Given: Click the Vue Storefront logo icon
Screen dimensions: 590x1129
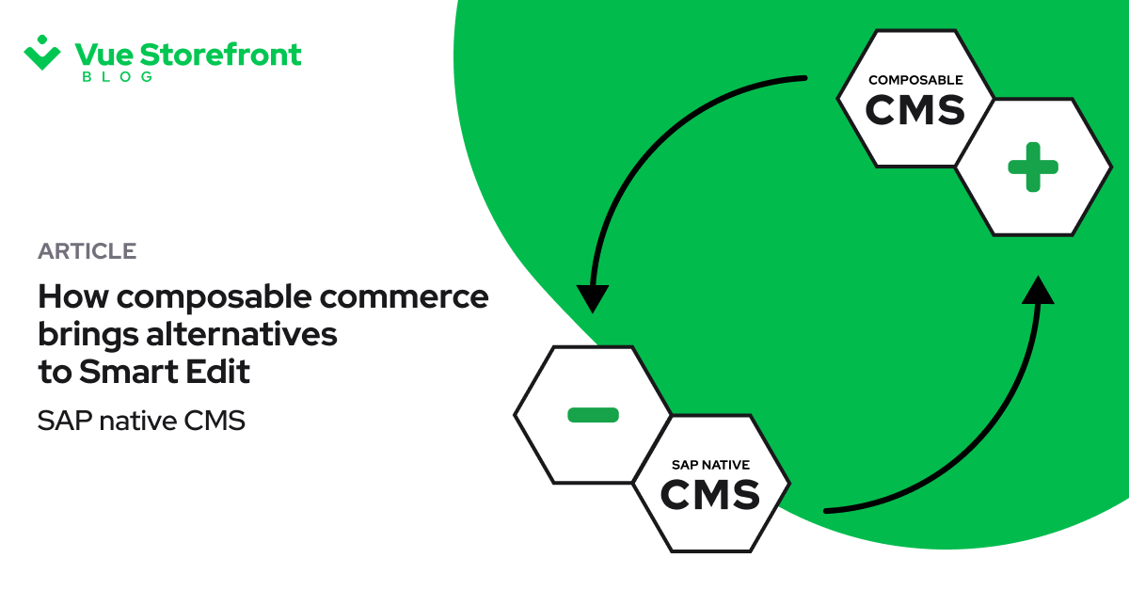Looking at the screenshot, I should click(42, 53).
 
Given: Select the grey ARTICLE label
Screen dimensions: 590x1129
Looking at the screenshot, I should click(87, 251).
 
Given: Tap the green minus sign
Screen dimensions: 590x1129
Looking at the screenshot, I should click(593, 414).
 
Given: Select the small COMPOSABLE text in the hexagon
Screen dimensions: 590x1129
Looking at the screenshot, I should click(915, 81).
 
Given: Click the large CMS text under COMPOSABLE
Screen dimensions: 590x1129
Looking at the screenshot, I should click(915, 110).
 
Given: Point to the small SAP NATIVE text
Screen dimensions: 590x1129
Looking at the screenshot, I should click(710, 465).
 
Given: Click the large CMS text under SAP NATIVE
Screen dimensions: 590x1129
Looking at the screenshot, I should click(710, 494).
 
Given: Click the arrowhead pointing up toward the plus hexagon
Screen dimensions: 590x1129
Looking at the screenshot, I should click(1037, 290).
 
